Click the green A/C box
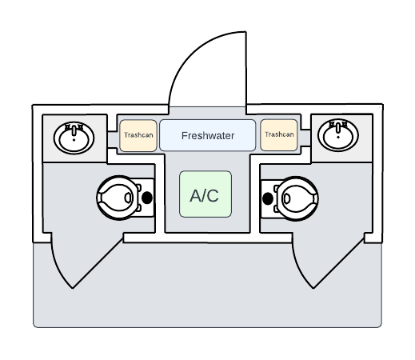click(x=206, y=194)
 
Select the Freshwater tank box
click(x=207, y=135)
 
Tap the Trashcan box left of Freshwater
click(x=138, y=135)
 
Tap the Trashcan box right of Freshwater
click(x=279, y=135)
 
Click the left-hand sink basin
click(x=74, y=138)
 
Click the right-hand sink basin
click(x=338, y=135)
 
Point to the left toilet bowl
click(x=118, y=198)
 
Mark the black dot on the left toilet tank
click(x=147, y=198)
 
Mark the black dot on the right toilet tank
click(x=268, y=198)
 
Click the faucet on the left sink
click(x=74, y=130)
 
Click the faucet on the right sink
click(x=338, y=127)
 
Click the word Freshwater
click(x=208, y=136)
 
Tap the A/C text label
click(x=205, y=195)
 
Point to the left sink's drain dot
click(x=74, y=140)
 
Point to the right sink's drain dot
click(x=338, y=137)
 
